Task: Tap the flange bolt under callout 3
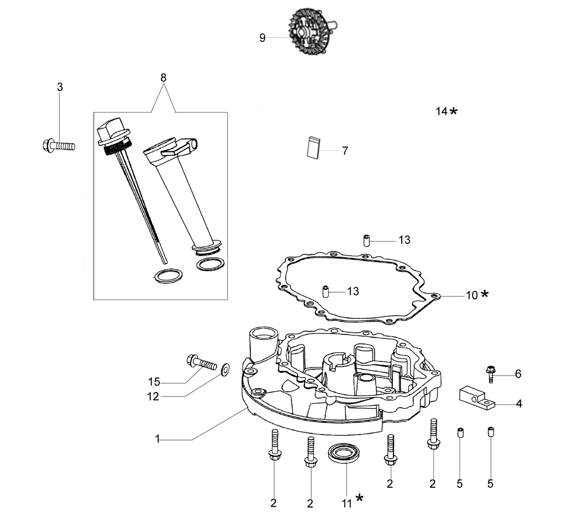[x=59, y=145]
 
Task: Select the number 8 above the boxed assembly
[x=163, y=78]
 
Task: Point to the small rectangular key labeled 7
[x=313, y=148]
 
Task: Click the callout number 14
[x=442, y=112]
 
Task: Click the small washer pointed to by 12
[x=225, y=370]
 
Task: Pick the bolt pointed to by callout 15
[x=202, y=362]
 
